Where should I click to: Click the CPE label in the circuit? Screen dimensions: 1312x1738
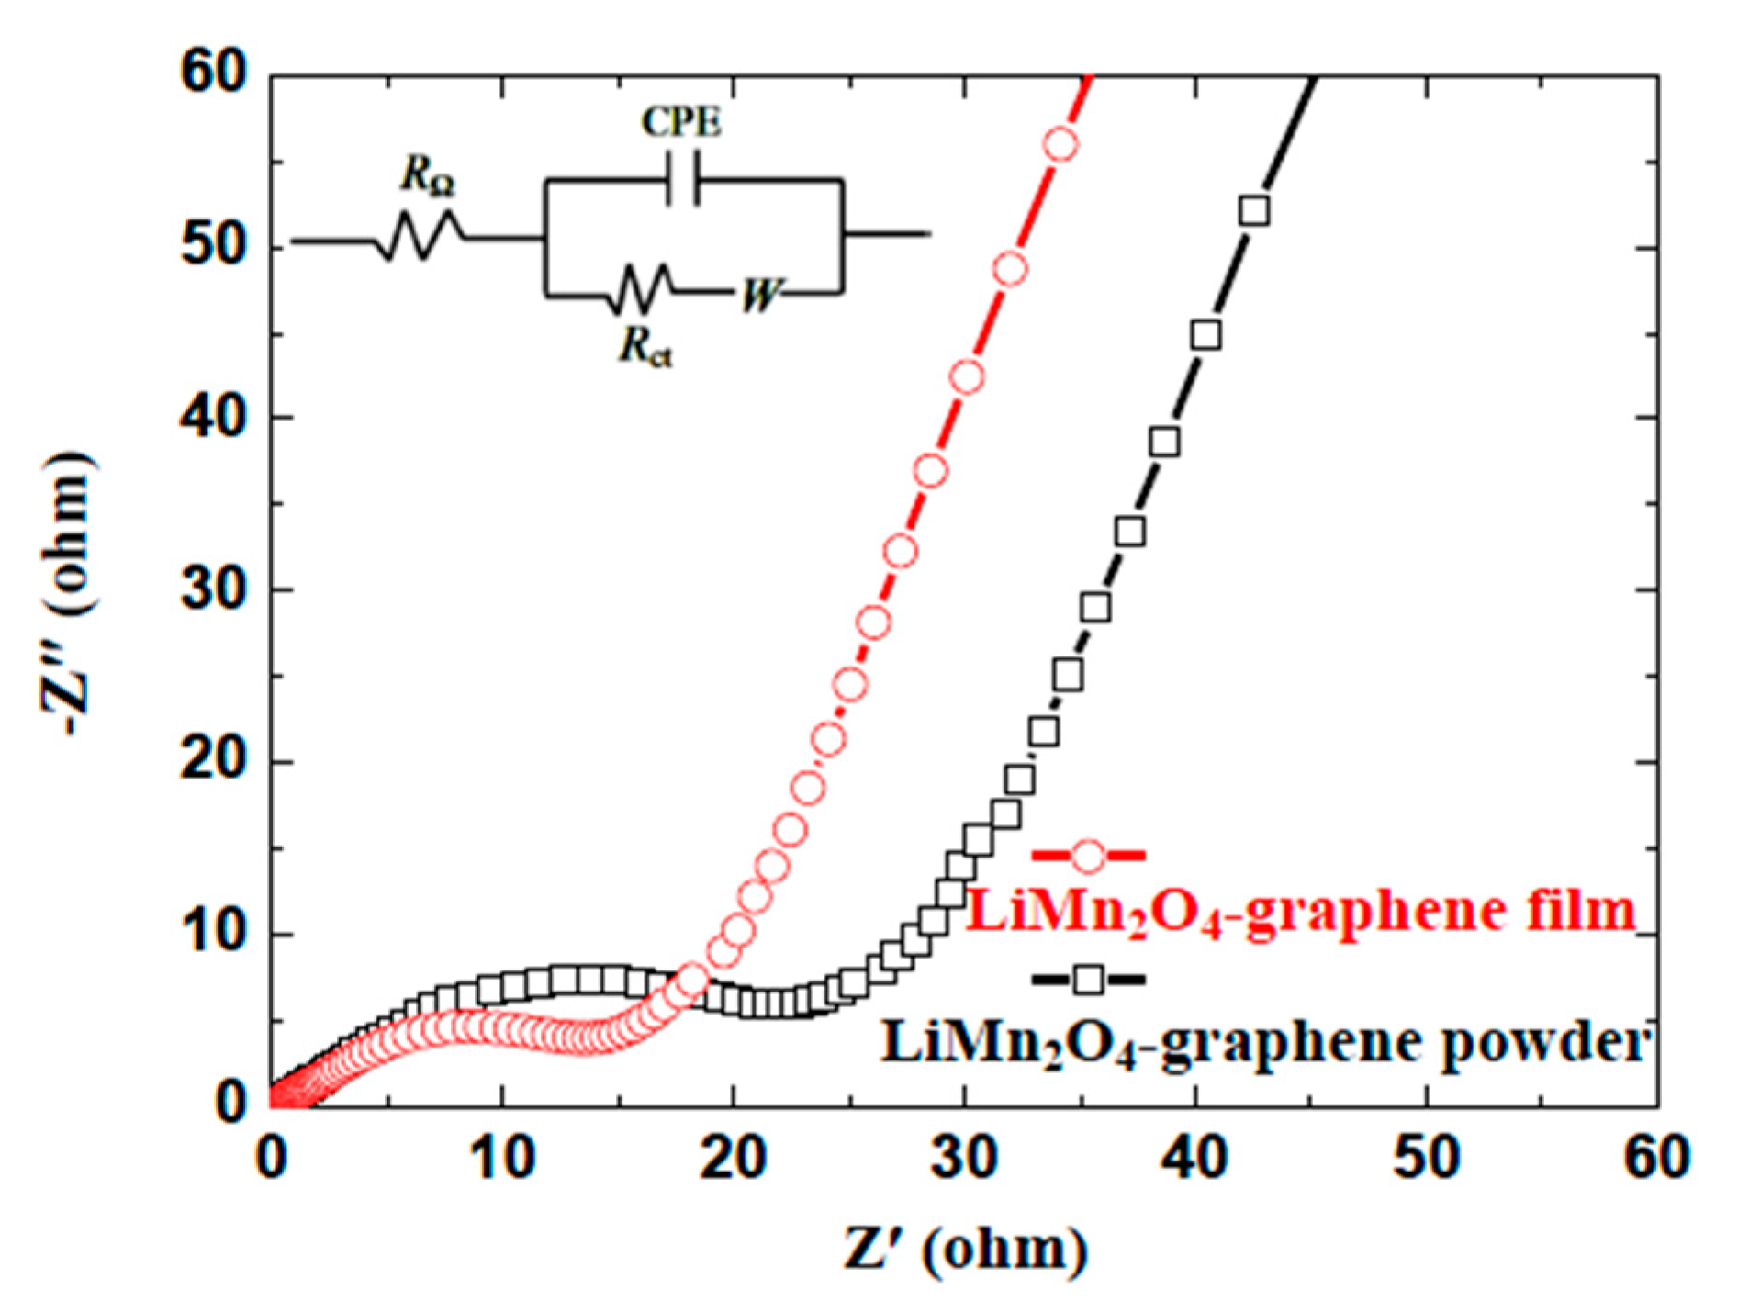point(681,122)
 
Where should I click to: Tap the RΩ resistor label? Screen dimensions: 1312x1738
point(428,175)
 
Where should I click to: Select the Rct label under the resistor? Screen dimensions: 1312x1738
point(645,346)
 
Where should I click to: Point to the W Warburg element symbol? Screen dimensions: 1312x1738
point(759,296)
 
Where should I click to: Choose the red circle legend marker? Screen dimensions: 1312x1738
point(1088,856)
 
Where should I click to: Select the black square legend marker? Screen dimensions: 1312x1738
point(1088,981)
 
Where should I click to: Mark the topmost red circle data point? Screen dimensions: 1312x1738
point(1060,145)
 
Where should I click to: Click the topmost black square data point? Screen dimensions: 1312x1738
point(1254,211)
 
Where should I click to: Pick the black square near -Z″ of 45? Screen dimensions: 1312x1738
point(1205,335)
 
